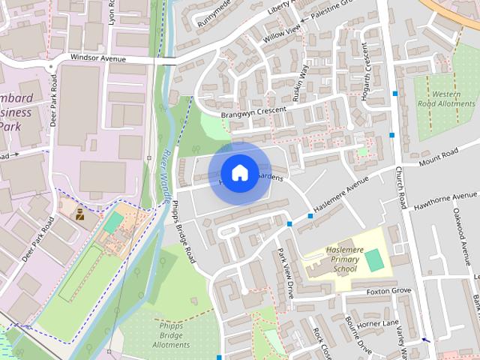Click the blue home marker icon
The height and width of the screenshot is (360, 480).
click(239, 173)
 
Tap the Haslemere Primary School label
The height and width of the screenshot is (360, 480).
click(334, 259)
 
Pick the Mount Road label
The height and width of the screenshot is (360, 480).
click(438, 158)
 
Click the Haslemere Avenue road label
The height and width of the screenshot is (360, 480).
click(342, 199)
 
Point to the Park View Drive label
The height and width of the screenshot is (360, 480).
click(286, 273)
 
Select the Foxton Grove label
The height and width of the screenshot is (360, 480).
click(389, 291)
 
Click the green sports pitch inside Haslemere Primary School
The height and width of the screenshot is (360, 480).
click(373, 260)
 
